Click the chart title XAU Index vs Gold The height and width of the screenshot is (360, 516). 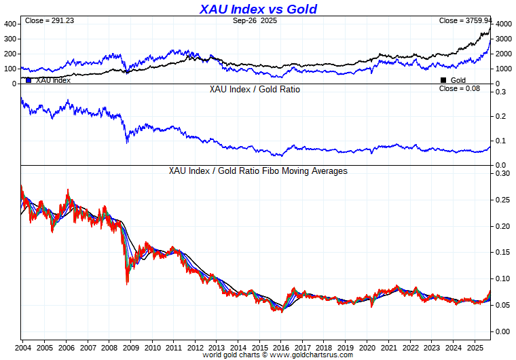click(x=258, y=9)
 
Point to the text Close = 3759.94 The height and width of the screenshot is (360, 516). click(x=464, y=21)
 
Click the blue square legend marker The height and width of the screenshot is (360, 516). click(x=29, y=80)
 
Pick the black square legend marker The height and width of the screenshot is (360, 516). click(x=444, y=80)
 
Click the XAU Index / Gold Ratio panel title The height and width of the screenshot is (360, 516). click(x=255, y=90)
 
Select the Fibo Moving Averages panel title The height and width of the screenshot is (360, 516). click(x=258, y=171)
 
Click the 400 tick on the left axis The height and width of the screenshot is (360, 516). click(x=10, y=24)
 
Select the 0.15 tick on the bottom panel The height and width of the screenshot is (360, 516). click(x=502, y=252)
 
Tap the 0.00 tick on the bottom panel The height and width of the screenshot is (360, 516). click(x=502, y=331)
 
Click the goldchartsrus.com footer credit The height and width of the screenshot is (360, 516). click(x=278, y=355)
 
